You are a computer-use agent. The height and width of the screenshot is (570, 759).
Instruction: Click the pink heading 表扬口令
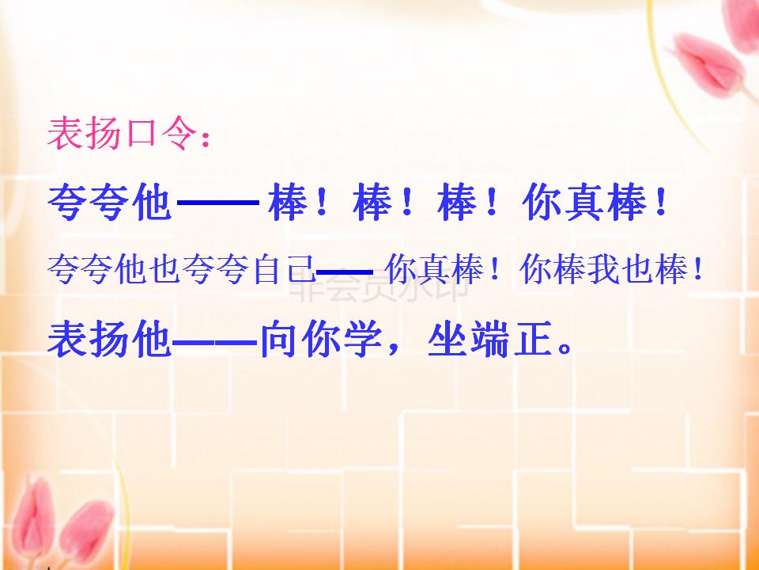point(119,135)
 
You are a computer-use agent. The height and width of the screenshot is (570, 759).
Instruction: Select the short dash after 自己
point(343,272)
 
